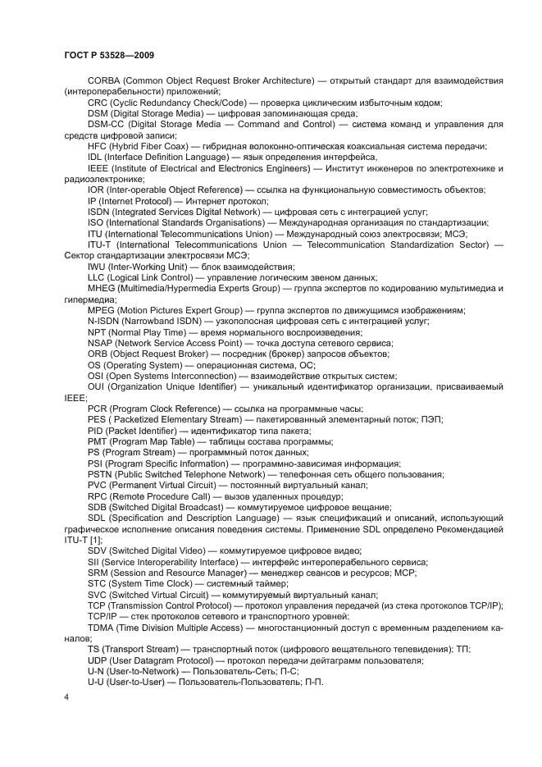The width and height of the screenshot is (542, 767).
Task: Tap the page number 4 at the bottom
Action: (x=67, y=696)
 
